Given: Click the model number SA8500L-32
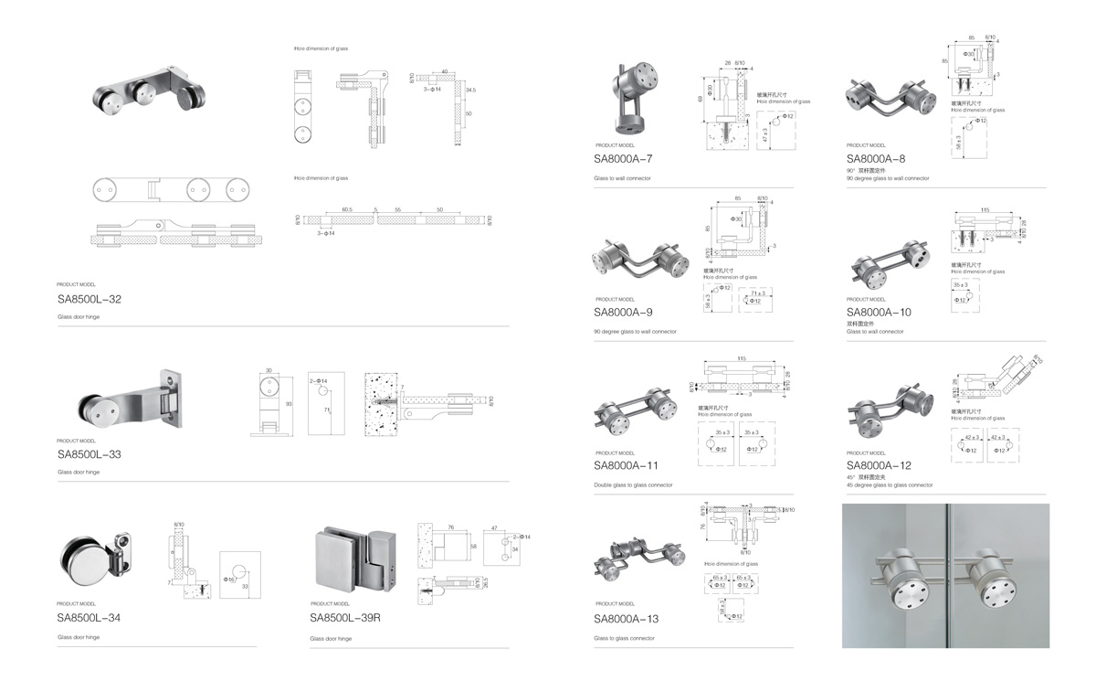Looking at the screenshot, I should pos(89,299).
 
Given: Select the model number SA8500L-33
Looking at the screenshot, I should pos(89,453).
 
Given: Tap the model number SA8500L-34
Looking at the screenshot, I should pos(89,618).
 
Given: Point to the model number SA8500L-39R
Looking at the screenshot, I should pos(344,618).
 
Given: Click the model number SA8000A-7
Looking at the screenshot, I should pos(623,158).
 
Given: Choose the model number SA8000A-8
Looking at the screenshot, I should pos(876,158).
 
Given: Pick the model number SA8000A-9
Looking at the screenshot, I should pos(623,312).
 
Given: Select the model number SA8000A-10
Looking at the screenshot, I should pos(879,312).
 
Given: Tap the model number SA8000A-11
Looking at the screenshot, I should pos(626,465).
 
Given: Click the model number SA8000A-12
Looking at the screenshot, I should pos(879,465).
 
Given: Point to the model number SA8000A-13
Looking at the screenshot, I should pos(626,619).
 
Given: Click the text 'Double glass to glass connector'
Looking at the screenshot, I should pos(633,484).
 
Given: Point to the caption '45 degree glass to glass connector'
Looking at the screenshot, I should pos(890,485).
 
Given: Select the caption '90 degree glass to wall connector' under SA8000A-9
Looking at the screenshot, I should pos(635,332).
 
